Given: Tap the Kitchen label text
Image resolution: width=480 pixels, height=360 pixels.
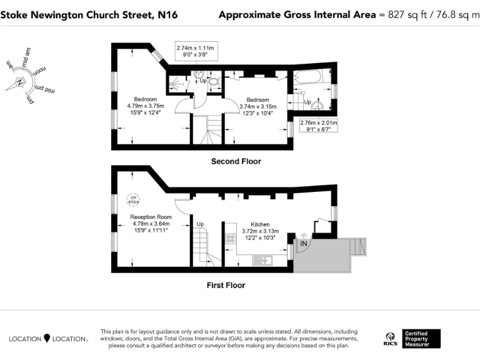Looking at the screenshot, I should tap(260, 224).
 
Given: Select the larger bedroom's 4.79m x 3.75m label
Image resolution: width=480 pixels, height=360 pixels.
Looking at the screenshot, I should tap(146, 106).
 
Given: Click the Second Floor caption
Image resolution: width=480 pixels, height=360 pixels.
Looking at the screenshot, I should tap(236, 161).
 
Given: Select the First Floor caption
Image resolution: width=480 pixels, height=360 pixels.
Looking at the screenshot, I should tap(226, 285).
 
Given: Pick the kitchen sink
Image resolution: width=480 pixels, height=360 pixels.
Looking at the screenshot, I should tap(261, 260).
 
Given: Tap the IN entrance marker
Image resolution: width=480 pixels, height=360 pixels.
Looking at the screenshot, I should tap(304, 243).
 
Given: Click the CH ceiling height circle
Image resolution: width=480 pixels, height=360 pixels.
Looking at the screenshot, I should tap(133, 199).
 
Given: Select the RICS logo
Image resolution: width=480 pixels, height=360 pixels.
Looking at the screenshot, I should tap(389, 339).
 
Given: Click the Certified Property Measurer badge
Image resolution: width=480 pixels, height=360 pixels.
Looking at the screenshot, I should tap(421, 339).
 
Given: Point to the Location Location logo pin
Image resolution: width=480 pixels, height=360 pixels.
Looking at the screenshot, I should tap(46, 338).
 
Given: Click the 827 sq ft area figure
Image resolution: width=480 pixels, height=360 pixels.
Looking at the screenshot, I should tap(406, 14).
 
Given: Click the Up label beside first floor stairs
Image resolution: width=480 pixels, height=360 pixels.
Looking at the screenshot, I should tap(200, 224).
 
